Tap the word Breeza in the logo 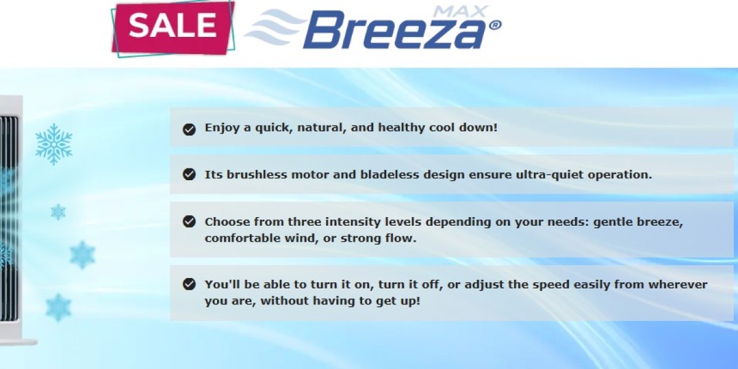[394, 30]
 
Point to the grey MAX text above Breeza [460, 12]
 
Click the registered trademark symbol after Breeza [495, 25]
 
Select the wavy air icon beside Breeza [275, 27]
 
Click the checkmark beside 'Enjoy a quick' [189, 129]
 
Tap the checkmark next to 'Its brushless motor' [189, 174]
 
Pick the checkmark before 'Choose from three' [189, 221]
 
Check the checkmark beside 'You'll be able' [189, 284]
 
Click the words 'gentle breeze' [638, 222]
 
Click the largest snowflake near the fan [54, 145]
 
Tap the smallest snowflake [58, 212]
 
